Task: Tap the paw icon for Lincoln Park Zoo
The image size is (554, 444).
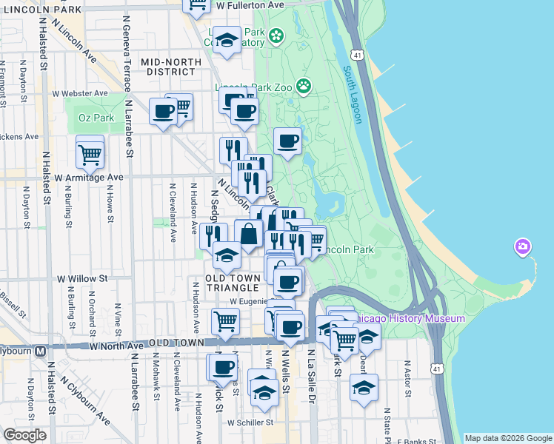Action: [x=304, y=86]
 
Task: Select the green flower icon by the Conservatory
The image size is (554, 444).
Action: [x=276, y=36]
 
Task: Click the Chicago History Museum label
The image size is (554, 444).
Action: [x=409, y=318]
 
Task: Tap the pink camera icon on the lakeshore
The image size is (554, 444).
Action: [x=523, y=246]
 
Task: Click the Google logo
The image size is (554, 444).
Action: [x=24, y=435]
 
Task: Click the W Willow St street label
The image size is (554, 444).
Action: [x=82, y=279]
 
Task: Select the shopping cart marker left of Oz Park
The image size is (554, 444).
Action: [x=90, y=155]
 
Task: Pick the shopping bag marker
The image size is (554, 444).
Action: [x=249, y=234]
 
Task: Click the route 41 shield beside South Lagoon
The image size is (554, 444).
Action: [x=358, y=54]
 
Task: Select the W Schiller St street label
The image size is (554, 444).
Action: [x=250, y=423]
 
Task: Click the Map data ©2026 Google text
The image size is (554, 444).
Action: [x=507, y=438]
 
